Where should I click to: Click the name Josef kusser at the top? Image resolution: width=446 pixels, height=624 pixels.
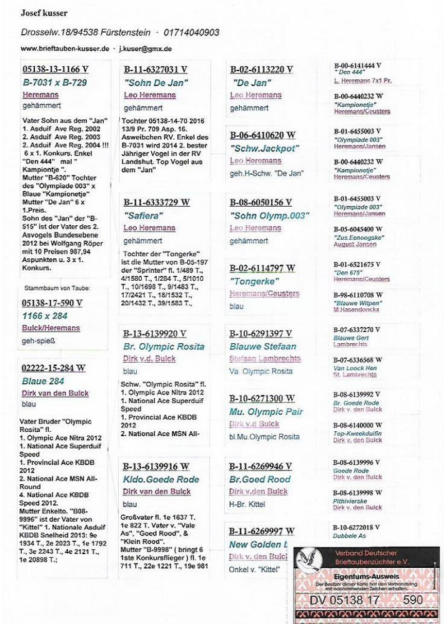coord(44,13)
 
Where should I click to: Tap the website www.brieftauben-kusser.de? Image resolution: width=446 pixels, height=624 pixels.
coord(65,48)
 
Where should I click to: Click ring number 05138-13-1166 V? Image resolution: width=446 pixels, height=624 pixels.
coord(56,70)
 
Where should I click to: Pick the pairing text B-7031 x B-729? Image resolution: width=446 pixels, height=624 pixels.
coord(55,82)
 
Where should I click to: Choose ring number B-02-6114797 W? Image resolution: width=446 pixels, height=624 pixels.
coord(262,269)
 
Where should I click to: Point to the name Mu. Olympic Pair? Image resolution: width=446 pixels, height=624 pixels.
coord(266,412)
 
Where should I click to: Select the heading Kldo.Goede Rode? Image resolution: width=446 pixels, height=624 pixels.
coord(161,479)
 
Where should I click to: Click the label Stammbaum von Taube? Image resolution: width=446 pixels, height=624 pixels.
coord(57,288)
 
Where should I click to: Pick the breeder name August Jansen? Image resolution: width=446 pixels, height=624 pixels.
coord(355,245)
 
